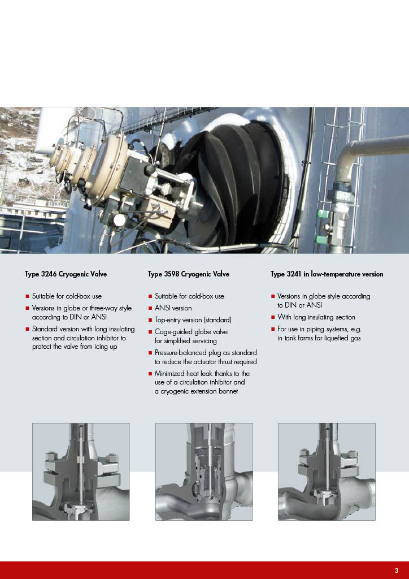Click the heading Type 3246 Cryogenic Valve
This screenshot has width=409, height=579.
pyautogui.click(x=66, y=274)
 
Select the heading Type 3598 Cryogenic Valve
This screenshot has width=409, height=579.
pyautogui.click(x=189, y=274)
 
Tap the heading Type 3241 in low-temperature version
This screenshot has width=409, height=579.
pyautogui.click(x=327, y=274)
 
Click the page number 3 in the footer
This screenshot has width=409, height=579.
pyautogui.click(x=397, y=570)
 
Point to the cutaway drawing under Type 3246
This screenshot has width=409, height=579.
pyautogui.click(x=81, y=472)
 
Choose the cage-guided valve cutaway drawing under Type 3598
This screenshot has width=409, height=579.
pyautogui.click(x=204, y=472)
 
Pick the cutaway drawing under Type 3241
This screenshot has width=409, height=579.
pyautogui.click(x=327, y=472)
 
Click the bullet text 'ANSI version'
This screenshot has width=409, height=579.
pyautogui.click(x=173, y=308)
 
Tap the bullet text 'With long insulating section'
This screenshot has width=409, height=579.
pyautogui.click(x=316, y=317)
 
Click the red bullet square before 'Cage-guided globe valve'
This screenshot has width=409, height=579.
pyautogui.click(x=150, y=332)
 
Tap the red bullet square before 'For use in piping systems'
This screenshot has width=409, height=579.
pyautogui.click(x=273, y=329)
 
